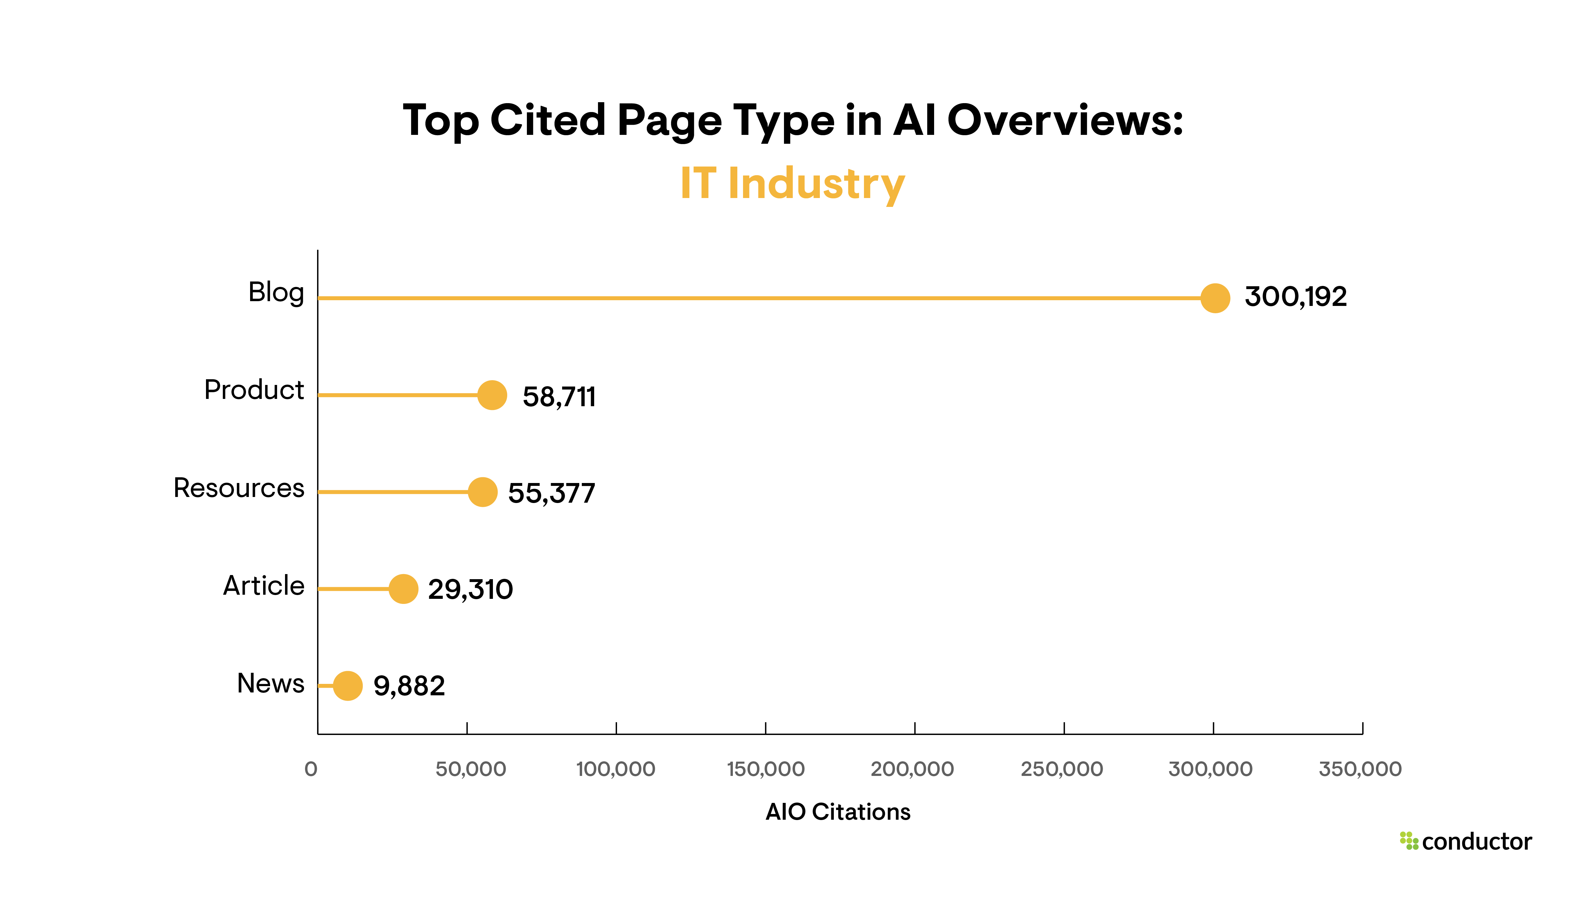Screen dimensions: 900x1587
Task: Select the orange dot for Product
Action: pyautogui.click(x=492, y=395)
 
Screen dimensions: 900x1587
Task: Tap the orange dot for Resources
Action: pyautogui.click(x=482, y=492)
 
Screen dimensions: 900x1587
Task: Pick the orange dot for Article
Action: pyautogui.click(x=403, y=588)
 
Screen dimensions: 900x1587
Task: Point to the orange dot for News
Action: pyautogui.click(x=348, y=685)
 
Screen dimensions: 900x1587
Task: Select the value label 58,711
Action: pyautogui.click(x=559, y=397)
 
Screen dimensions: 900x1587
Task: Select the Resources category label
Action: pyautogui.click(x=239, y=488)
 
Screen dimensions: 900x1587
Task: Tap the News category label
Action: pyautogui.click(x=270, y=683)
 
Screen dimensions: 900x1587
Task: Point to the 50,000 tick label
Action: pyautogui.click(x=470, y=769)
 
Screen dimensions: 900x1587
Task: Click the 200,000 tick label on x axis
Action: pyautogui.click(x=912, y=769)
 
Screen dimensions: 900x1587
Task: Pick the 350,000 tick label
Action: pyautogui.click(x=1359, y=769)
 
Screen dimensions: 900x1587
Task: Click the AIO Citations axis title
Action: pyautogui.click(x=838, y=811)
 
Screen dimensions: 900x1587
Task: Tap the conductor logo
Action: pyautogui.click(x=1465, y=841)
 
